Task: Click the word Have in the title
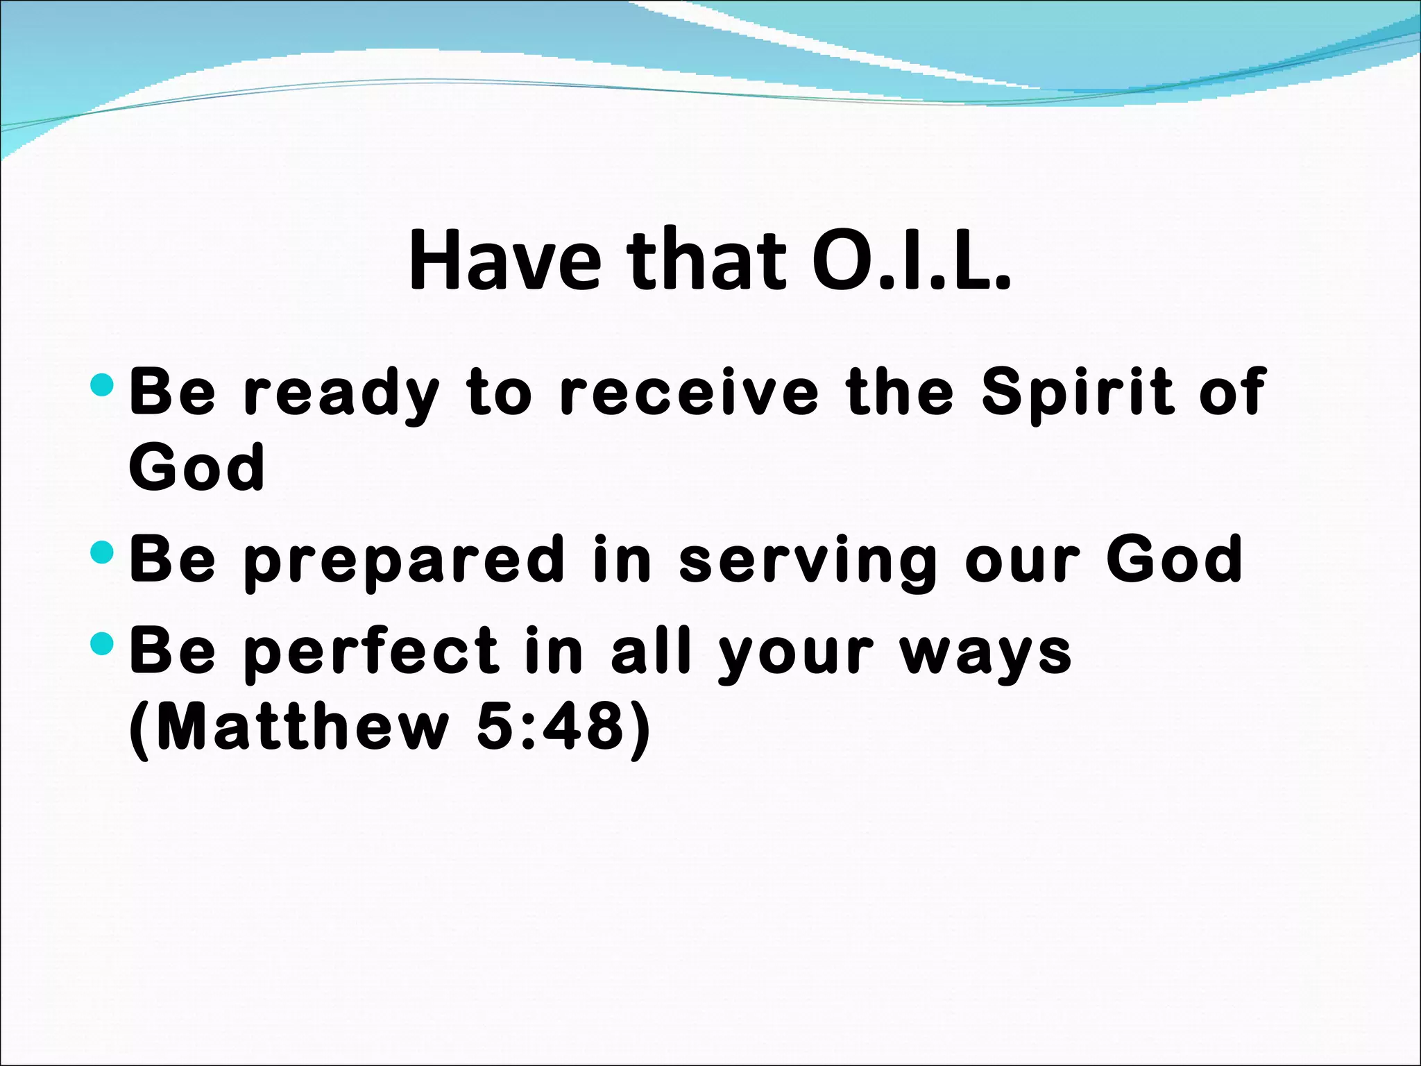(x=504, y=260)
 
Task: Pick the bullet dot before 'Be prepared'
(x=102, y=552)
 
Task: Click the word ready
(x=341, y=394)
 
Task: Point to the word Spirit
(x=1078, y=394)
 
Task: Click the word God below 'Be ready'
(x=197, y=467)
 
